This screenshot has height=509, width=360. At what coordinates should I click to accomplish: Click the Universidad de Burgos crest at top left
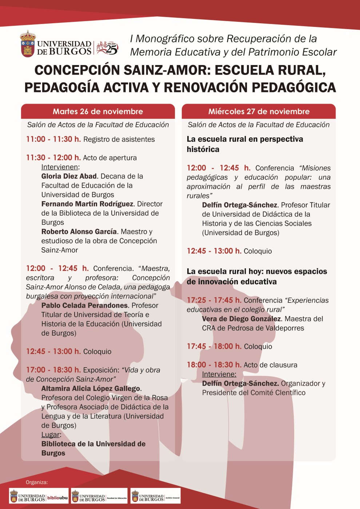28,44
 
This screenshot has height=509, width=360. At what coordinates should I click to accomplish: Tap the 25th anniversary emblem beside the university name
107,48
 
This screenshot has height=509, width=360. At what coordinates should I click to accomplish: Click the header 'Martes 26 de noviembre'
98,112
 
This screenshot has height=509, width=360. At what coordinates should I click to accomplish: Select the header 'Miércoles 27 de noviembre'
259,112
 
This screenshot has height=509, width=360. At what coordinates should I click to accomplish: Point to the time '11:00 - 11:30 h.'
53,139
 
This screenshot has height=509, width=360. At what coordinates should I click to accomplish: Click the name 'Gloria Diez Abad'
69,176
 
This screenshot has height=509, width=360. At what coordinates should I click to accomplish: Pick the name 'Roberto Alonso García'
79,232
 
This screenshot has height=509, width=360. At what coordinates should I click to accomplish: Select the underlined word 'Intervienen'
60,167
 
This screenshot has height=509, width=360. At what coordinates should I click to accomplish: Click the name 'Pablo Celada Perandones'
85,305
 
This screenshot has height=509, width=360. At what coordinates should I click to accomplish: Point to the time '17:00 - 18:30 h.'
53,370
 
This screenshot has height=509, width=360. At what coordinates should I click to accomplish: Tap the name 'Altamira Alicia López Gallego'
91,389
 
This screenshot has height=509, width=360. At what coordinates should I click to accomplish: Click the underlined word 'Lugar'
51,435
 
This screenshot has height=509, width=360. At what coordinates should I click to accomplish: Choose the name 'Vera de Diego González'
241,319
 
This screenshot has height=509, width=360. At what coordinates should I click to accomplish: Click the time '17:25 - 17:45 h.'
214,300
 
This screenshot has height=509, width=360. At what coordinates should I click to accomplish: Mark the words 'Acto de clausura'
270,365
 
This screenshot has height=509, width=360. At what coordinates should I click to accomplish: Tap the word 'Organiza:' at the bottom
37,482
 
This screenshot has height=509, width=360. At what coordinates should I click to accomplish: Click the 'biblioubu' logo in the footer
57,498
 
